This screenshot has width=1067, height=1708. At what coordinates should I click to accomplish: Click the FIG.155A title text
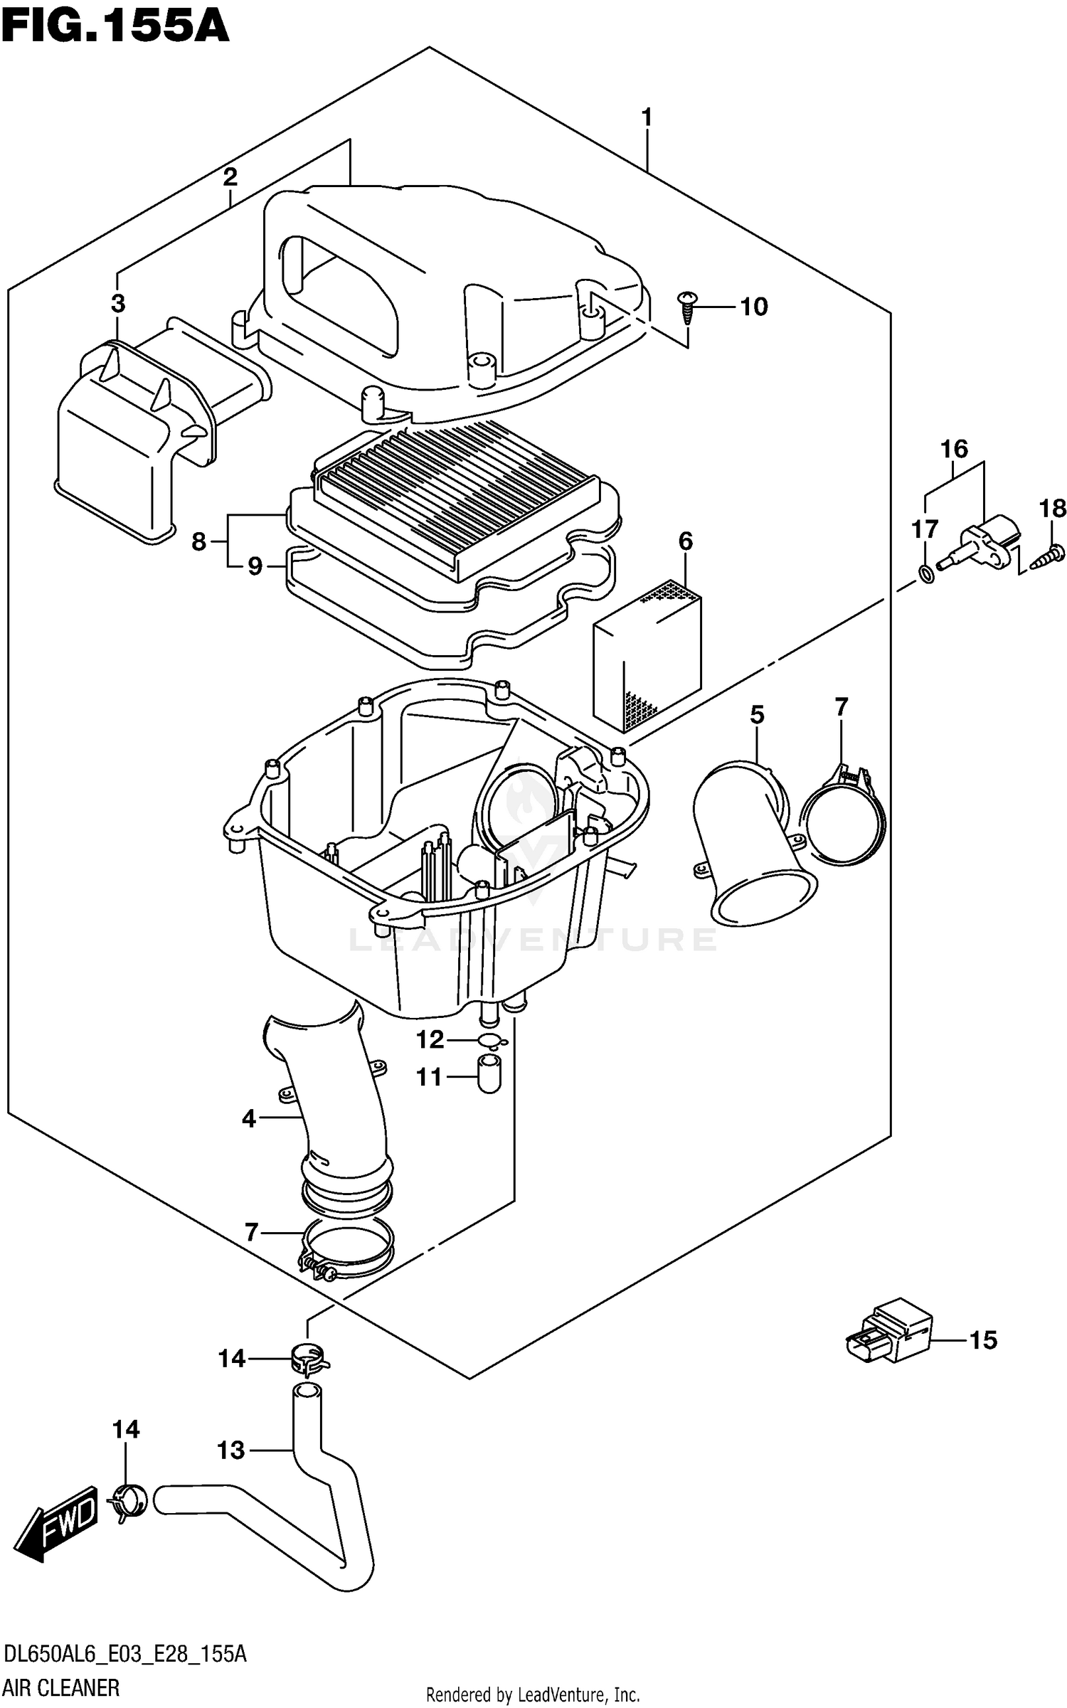(115, 27)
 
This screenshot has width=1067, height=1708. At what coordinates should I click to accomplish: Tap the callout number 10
(753, 307)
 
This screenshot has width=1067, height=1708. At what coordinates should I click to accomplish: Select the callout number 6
(685, 541)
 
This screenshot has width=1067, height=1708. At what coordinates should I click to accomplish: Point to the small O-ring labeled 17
(925, 573)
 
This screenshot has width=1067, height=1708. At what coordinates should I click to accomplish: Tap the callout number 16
(954, 449)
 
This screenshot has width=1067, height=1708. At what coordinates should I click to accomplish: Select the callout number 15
(983, 1340)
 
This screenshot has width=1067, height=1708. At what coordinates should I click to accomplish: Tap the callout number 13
(230, 1450)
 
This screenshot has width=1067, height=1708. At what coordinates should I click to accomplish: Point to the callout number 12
(430, 1040)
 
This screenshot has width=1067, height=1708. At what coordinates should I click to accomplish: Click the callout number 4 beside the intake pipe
(248, 1119)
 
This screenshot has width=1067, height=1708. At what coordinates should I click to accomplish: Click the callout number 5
(757, 715)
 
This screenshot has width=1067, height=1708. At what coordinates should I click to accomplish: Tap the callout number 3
(118, 303)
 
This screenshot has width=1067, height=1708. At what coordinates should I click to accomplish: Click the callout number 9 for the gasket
(255, 567)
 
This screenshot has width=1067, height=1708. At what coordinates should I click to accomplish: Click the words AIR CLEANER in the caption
(61, 1687)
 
